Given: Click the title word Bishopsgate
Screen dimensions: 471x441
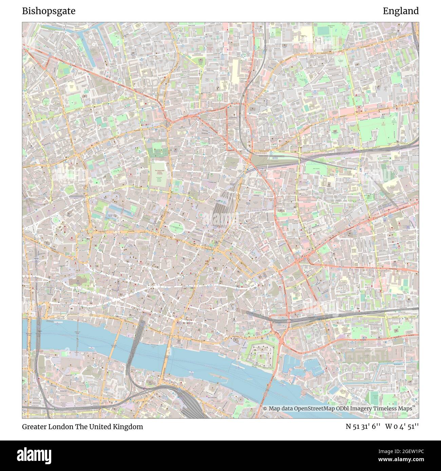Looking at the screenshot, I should tap(49, 11).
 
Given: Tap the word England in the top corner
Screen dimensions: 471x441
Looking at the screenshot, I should tap(401, 11).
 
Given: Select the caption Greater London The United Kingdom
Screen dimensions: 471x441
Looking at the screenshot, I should tap(82, 427).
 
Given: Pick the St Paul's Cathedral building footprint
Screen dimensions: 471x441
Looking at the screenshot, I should tap(78, 281).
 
